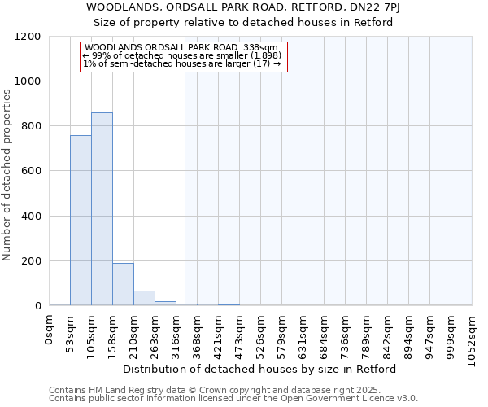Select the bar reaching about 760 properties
click(x=81, y=221)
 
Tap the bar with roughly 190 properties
click(x=123, y=284)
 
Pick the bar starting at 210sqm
click(x=144, y=298)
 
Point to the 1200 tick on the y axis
click(x=28, y=37)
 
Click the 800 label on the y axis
click(x=32, y=126)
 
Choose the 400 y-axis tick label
click(x=32, y=217)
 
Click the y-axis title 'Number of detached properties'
click(x=7, y=176)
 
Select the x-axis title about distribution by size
click(x=260, y=369)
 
